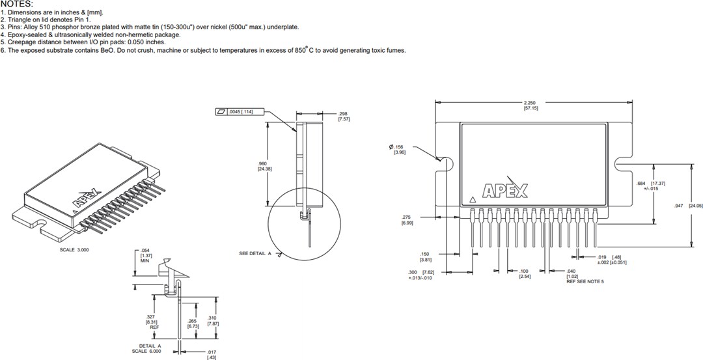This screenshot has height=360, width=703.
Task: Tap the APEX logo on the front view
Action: (x=505, y=191)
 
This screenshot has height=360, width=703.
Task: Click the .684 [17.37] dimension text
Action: (x=651, y=186)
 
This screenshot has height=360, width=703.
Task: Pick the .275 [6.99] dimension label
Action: (x=407, y=220)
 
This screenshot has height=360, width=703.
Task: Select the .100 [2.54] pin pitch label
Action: (x=524, y=273)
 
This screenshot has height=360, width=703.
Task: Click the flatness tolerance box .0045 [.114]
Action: (x=239, y=111)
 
